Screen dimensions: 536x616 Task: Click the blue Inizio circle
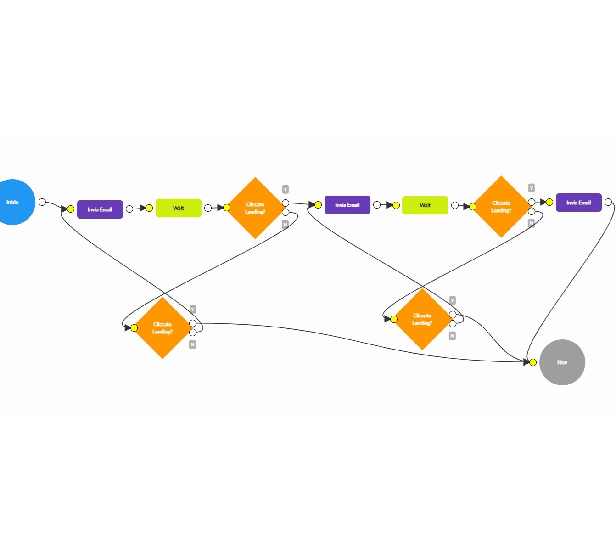tap(13, 202)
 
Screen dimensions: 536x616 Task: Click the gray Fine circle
tap(562, 362)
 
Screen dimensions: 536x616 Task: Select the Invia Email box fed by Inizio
tap(100, 209)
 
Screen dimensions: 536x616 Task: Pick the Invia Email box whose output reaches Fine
tap(578, 203)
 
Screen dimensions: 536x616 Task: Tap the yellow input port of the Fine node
tap(533, 362)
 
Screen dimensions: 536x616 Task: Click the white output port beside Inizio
tap(42, 202)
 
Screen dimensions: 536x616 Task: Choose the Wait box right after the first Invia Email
tap(179, 208)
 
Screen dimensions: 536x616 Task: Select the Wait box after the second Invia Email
tap(425, 205)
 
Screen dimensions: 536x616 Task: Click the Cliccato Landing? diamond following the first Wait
tap(255, 208)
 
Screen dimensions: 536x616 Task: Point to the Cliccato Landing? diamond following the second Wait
tap(501, 207)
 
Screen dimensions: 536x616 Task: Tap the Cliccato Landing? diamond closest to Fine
tap(422, 319)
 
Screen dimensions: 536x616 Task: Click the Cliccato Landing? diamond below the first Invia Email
tap(162, 328)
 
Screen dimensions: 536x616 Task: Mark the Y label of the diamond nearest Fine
tap(452, 301)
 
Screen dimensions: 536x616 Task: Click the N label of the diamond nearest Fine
tap(452, 336)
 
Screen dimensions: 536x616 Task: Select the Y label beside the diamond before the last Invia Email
tap(531, 188)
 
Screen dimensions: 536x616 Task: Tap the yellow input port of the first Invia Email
tap(71, 209)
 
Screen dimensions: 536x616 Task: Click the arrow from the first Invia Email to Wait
tap(139, 209)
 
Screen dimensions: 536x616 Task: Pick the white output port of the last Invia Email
tap(608, 202)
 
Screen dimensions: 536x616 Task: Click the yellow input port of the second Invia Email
tap(318, 205)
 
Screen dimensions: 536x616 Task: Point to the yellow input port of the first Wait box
tap(149, 208)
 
